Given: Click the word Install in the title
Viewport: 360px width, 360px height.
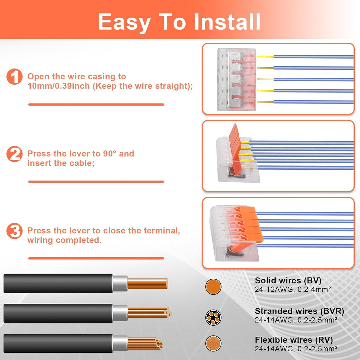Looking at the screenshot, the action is [227, 22].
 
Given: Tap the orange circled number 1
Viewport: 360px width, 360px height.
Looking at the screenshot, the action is [14, 77].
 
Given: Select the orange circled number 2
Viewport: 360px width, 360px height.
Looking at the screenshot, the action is [14, 154].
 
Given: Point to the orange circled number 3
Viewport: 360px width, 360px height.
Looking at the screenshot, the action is [14, 231].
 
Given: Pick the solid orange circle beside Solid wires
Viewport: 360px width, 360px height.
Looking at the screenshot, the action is [213, 287].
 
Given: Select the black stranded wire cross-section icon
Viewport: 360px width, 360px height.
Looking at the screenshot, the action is [213, 318].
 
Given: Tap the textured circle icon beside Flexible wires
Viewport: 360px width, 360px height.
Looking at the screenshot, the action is [213, 343].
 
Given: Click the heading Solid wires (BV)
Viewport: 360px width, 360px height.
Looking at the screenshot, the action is [288, 281].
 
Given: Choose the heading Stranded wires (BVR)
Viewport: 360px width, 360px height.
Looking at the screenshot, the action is [299, 311].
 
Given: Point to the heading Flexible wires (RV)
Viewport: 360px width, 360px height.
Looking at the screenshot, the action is [294, 340].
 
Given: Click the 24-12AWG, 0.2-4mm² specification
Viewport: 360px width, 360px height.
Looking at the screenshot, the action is [293, 290].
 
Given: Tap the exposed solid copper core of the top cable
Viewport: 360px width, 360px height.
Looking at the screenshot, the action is [147, 284].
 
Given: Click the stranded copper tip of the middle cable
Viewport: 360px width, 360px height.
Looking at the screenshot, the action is [149, 313].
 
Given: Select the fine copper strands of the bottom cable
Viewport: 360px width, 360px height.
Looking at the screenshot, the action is [145, 344].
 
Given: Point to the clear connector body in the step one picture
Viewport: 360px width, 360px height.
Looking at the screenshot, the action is [236, 79].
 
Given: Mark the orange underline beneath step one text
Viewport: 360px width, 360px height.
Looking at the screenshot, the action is [96, 105].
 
